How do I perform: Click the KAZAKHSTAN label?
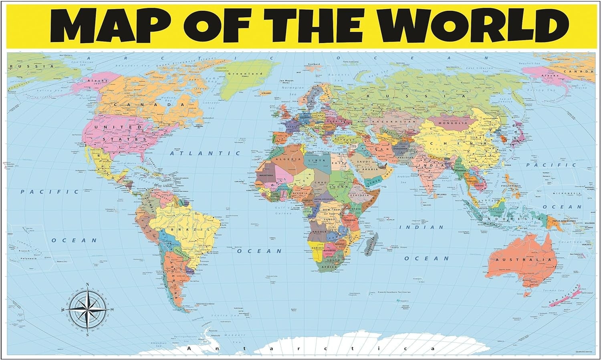click(x=388, y=121)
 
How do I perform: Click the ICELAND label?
click(x=266, y=93)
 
